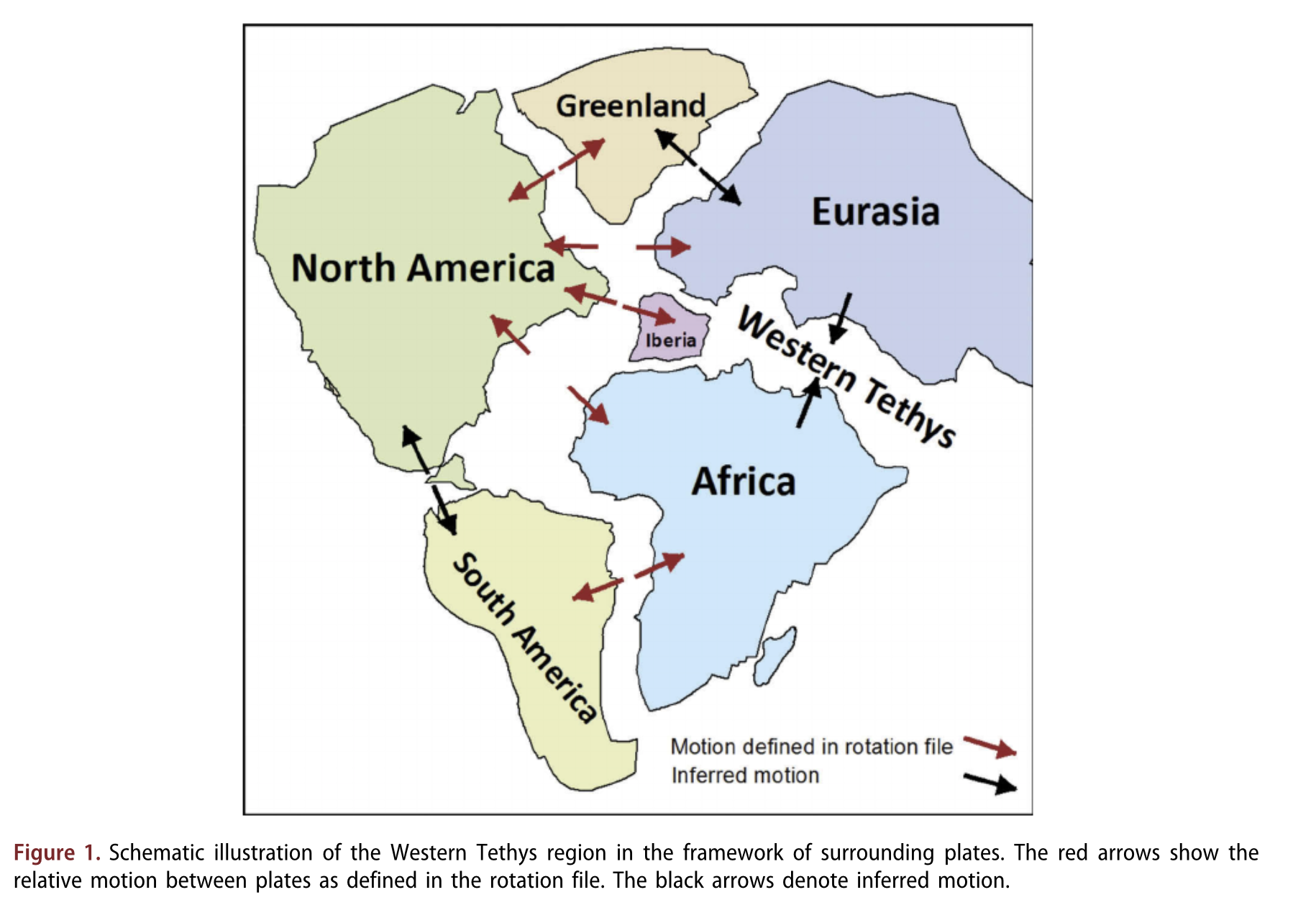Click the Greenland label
tap(631, 106)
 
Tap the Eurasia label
tap(875, 212)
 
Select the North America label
tap(423, 268)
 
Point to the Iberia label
tap(670, 340)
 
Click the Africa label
tap(744, 481)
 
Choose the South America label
tap(525, 637)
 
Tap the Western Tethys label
tap(847, 376)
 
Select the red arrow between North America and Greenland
tap(557, 170)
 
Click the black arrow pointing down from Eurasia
tap(841, 317)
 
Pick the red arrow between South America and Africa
tap(628, 578)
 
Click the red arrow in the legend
tap(990, 747)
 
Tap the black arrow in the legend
tap(990, 783)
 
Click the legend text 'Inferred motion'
tap(745, 776)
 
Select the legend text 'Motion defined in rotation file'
tap(811, 747)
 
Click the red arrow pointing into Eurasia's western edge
tap(663, 247)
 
